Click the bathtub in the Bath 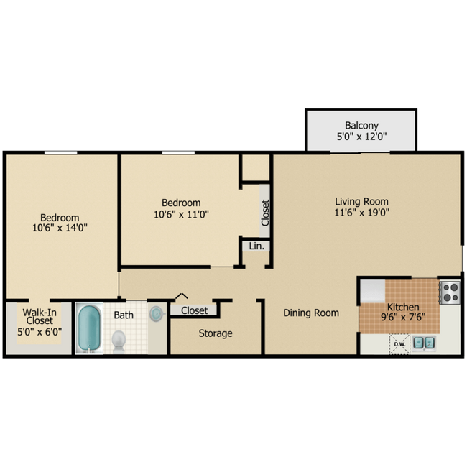[x=90, y=329]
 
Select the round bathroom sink [x=157, y=313]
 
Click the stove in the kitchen [x=449, y=292]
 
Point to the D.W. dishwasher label [x=399, y=344]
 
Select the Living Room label [x=361, y=201]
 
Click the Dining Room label [x=310, y=313]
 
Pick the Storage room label [x=216, y=333]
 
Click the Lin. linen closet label [x=256, y=246]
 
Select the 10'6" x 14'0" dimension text [x=60, y=228]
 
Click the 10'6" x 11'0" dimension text [x=180, y=213]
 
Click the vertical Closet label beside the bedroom [x=264, y=213]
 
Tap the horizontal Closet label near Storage [x=194, y=310]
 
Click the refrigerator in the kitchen [x=373, y=291]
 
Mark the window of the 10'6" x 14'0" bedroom [x=60, y=152]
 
